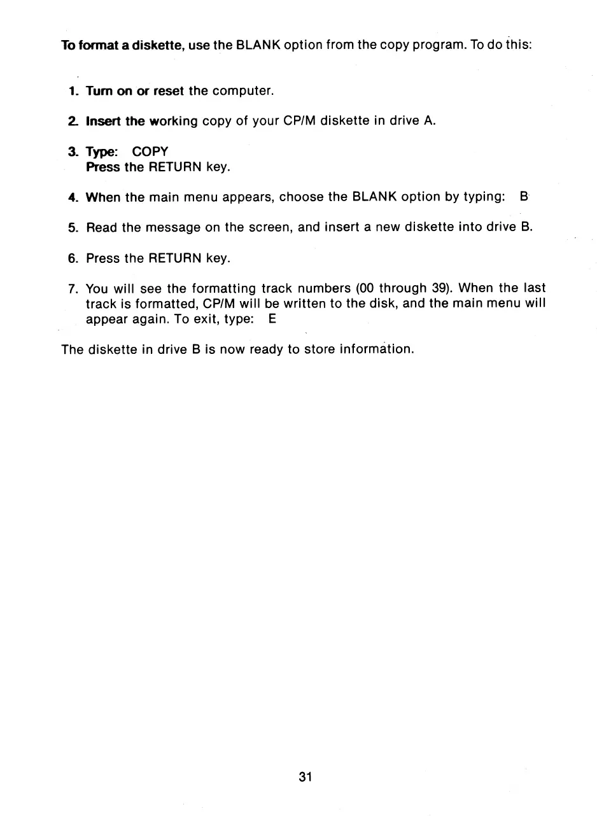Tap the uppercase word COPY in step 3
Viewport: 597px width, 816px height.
click(150, 151)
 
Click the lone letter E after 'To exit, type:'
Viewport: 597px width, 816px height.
click(272, 320)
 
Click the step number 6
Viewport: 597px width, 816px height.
click(72, 258)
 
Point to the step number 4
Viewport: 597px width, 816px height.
click(72, 197)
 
